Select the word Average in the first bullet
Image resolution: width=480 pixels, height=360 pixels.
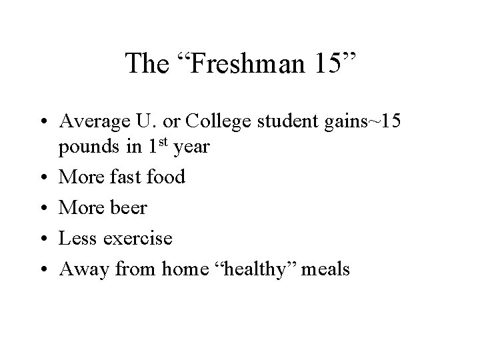(x=90, y=121)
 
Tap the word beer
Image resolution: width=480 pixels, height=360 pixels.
(x=127, y=208)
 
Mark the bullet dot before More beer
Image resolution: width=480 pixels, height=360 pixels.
(x=44, y=209)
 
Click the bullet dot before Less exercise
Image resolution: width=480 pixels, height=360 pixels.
(x=44, y=238)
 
